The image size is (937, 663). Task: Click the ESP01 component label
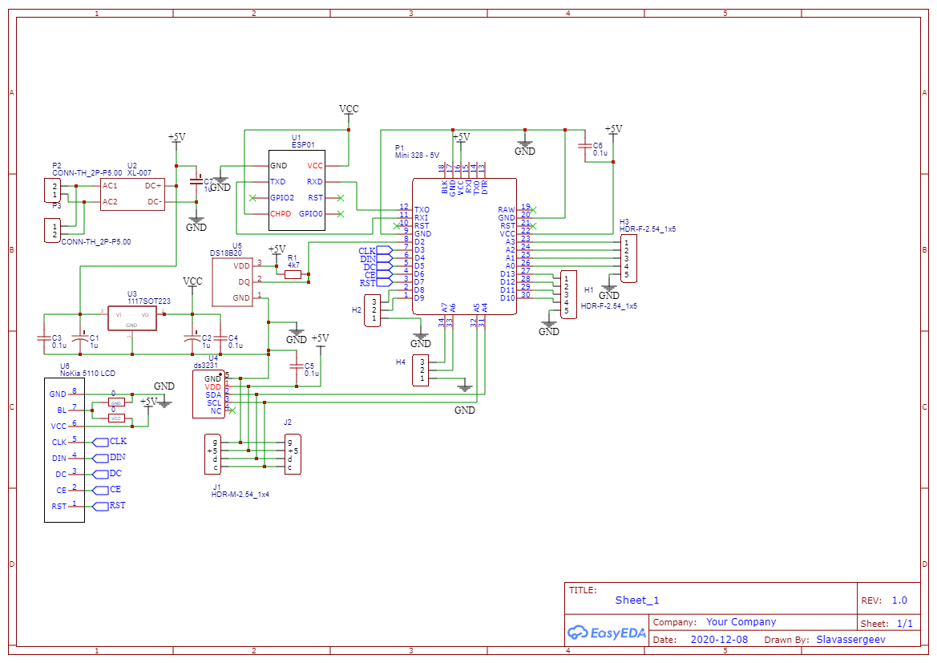pyautogui.click(x=303, y=145)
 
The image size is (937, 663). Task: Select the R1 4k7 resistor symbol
pyautogui.click(x=293, y=274)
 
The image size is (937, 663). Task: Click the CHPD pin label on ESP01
pyautogui.click(x=281, y=214)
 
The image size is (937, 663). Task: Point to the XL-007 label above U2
pyautogui.click(x=139, y=173)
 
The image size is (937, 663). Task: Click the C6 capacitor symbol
pyautogui.click(x=585, y=146)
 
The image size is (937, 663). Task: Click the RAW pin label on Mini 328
pyautogui.click(x=507, y=209)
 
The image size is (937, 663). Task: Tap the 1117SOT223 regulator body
pyautogui.click(x=132, y=318)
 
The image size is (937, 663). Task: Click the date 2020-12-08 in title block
pyautogui.click(x=719, y=639)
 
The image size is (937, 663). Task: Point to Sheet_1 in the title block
pyautogui.click(x=637, y=600)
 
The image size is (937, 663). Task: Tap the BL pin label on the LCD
pyautogui.click(x=61, y=410)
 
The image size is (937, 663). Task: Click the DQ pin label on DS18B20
pyautogui.click(x=244, y=281)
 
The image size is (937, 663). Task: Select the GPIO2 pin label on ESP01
pyautogui.click(x=282, y=197)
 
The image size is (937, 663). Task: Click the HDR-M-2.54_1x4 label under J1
pyautogui.click(x=240, y=495)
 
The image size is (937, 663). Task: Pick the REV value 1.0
pyautogui.click(x=899, y=600)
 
